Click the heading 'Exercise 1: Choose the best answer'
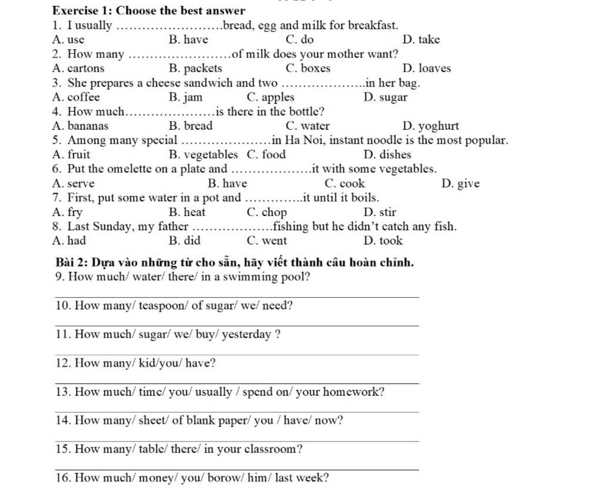[149, 11]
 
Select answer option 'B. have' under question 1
[188, 40]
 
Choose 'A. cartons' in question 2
[78, 69]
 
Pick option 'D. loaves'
[427, 69]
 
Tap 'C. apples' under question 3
[270, 97]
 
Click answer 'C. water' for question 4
[307, 126]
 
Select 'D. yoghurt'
[431, 126]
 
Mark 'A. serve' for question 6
[73, 184]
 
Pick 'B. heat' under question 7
[187, 213]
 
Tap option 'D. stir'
[380, 213]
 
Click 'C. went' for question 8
[267, 241]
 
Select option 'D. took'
[383, 241]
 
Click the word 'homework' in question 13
[352, 392]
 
